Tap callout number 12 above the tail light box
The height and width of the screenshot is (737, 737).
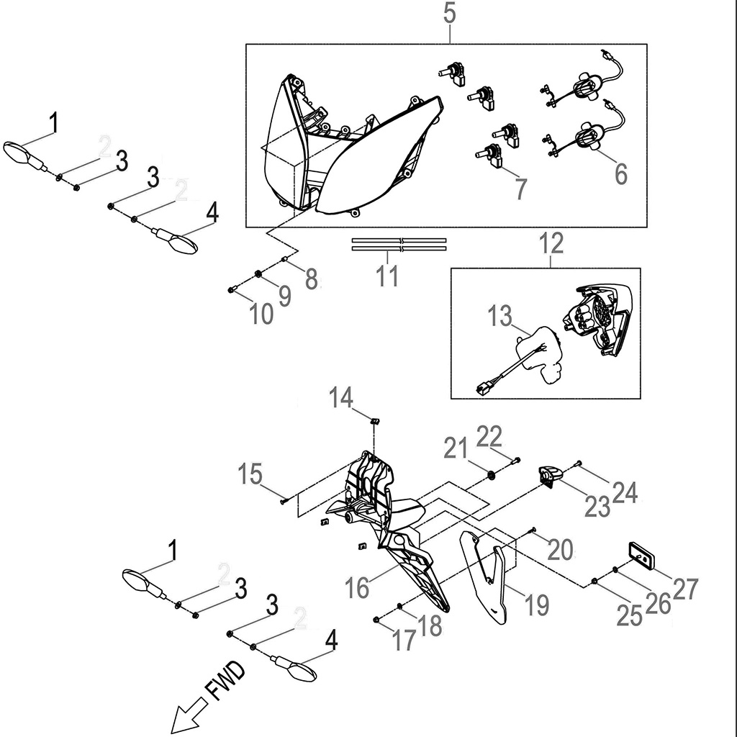[552, 243]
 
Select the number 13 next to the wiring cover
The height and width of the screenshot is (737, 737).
[500, 316]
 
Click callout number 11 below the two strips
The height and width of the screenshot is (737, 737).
[388, 276]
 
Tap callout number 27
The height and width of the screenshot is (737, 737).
[685, 589]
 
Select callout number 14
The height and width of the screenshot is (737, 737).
[343, 397]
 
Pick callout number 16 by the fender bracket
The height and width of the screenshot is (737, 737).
[358, 587]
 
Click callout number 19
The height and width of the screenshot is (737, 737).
[536, 605]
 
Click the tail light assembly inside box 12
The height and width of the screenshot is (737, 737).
[602, 322]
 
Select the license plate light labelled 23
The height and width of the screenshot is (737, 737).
[550, 476]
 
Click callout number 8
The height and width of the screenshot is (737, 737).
[311, 279]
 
